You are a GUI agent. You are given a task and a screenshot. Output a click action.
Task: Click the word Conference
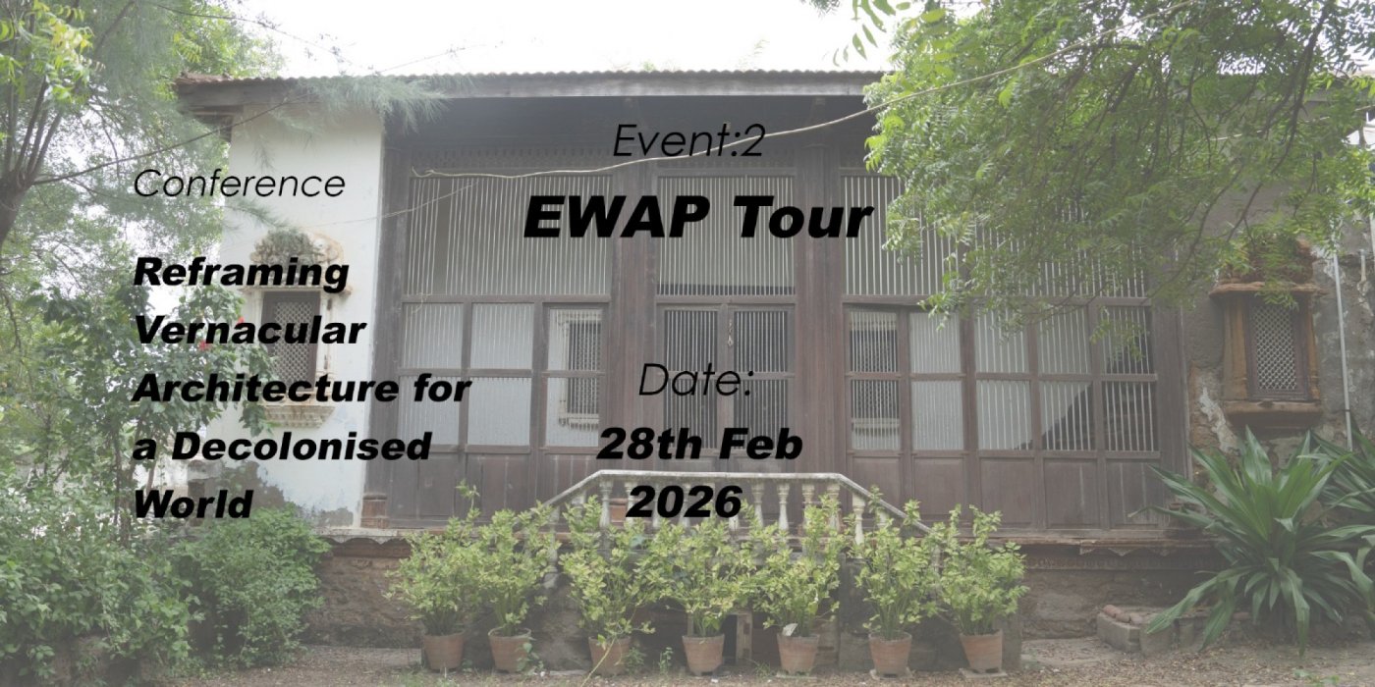[240, 184]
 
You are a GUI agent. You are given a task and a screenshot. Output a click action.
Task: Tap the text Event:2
[688, 141]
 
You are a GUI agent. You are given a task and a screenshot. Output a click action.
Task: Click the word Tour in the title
[803, 218]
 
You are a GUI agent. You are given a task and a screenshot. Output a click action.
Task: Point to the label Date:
[694, 381]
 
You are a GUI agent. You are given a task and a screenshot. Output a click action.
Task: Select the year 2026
[684, 502]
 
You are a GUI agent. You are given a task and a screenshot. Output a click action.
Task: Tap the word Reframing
[242, 273]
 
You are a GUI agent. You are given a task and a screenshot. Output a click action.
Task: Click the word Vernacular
[249, 331]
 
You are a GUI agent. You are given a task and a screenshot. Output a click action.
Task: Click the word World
[193, 504]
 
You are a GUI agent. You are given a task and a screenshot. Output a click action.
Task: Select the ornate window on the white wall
[292, 324]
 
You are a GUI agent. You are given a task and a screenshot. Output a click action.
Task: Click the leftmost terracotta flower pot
[443, 650]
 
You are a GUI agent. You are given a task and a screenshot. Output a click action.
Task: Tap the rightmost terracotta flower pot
[980, 650]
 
